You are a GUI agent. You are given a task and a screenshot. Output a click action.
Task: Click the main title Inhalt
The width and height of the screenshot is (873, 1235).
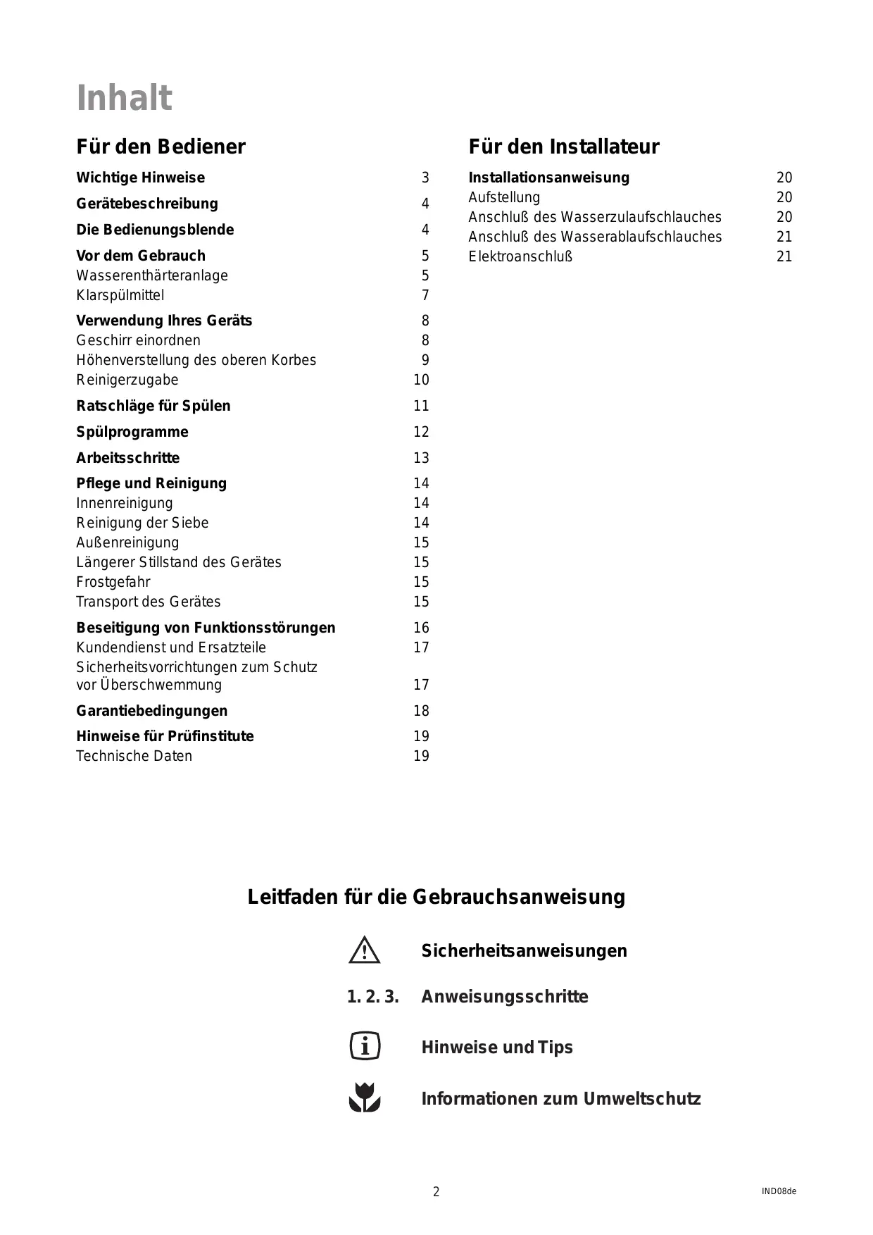(x=124, y=98)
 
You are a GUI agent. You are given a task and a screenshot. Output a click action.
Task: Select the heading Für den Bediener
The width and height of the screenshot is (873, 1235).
(x=161, y=147)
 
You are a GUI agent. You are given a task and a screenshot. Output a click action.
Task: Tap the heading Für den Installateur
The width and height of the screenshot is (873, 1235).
(x=563, y=147)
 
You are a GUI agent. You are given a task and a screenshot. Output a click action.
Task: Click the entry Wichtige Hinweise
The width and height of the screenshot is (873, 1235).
(x=140, y=178)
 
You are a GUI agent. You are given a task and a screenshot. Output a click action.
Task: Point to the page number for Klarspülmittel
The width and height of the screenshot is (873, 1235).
(x=425, y=295)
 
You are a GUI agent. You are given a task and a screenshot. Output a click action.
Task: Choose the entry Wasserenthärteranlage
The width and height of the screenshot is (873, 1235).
(x=152, y=275)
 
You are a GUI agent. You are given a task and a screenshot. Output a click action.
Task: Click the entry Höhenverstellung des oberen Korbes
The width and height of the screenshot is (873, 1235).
(x=196, y=360)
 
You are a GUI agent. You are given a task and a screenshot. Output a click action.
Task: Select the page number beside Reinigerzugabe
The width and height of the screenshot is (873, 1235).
(x=421, y=380)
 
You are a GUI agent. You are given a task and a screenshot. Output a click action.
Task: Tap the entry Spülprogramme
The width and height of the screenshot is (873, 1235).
(x=132, y=432)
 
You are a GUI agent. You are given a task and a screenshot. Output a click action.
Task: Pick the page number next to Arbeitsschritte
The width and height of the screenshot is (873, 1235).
(x=421, y=458)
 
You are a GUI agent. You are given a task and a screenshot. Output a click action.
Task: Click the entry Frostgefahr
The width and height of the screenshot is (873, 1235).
(x=113, y=582)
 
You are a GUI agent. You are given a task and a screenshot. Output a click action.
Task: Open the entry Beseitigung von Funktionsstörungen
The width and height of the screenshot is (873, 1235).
(x=206, y=628)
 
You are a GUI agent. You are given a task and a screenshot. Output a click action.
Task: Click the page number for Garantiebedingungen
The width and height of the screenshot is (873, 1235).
(x=421, y=711)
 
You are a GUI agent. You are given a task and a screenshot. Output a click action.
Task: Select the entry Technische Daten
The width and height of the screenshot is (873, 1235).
(x=134, y=756)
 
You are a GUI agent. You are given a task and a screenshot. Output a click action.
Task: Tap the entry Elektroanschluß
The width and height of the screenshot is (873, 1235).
(x=520, y=256)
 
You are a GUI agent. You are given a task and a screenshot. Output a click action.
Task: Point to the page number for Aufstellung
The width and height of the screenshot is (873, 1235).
(x=784, y=197)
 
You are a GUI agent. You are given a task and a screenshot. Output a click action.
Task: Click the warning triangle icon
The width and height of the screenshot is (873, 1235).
(x=364, y=950)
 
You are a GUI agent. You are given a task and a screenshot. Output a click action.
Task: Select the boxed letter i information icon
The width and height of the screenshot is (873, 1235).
(x=365, y=1046)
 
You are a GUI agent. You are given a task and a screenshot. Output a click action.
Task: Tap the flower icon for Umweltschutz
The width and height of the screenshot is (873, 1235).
(x=365, y=1098)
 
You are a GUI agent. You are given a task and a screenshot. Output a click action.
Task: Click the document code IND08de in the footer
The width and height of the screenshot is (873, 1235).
(x=779, y=1191)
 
